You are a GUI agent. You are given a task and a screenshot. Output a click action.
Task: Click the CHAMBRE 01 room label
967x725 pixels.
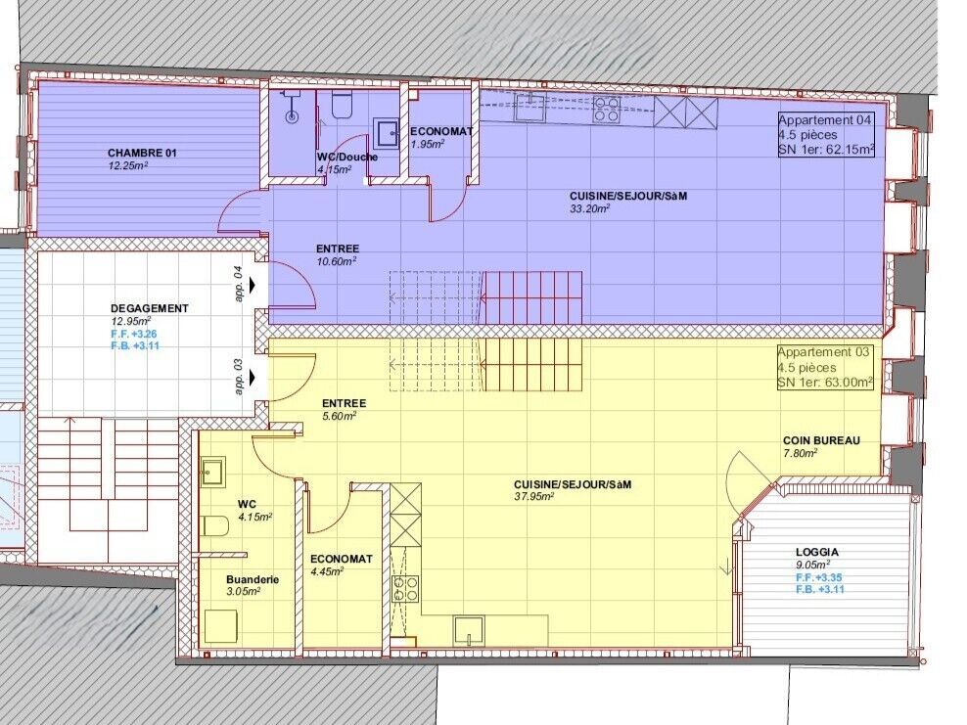[142, 154]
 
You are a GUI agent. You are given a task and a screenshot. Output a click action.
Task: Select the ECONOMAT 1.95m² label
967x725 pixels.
[441, 131]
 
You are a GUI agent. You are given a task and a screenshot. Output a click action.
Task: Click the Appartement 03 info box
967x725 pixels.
[824, 368]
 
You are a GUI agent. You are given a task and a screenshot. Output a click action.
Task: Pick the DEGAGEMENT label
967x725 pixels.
[150, 308]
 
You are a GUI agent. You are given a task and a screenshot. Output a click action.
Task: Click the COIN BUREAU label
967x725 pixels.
[821, 440]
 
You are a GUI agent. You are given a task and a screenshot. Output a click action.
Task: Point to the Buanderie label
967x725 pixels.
[252, 579]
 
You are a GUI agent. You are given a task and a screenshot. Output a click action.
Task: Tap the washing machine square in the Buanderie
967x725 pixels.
[222, 625]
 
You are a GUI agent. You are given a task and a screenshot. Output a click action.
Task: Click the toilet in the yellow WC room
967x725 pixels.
[215, 526]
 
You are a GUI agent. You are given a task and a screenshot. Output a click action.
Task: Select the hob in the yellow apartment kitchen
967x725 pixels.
[405, 588]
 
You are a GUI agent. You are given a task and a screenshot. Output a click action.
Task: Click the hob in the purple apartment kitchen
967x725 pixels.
[606, 109]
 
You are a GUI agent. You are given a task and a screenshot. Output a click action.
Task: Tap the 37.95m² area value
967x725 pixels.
[534, 496]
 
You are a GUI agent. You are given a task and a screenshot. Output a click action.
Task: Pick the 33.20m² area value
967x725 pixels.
[589, 208]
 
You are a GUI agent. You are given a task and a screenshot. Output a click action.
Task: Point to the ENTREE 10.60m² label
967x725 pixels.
[337, 249]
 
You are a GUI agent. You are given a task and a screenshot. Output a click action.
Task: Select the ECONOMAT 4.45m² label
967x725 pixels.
[341, 559]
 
